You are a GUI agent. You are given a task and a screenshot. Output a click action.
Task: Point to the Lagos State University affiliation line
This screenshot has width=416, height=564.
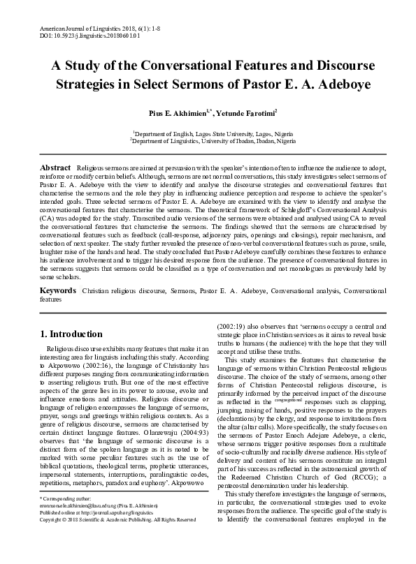(x=208, y=133)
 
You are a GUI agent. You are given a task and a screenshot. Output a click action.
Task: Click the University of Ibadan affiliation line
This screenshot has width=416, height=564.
(x=208, y=140)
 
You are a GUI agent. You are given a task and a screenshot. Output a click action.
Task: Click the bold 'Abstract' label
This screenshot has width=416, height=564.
(x=55, y=168)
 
